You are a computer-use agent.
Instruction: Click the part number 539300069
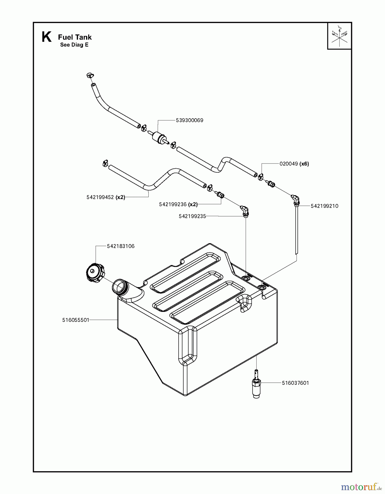pyautogui.click(x=189, y=120)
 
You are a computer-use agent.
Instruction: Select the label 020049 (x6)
pyautogui.click(x=294, y=164)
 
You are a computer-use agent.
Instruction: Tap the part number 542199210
pyautogui.click(x=324, y=206)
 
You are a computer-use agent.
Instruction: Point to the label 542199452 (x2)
pyautogui.click(x=106, y=197)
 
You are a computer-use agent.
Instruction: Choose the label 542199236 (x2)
pyautogui.click(x=178, y=204)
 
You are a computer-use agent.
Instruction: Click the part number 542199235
pyautogui.click(x=192, y=216)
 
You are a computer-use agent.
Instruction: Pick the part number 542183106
pyautogui.click(x=121, y=246)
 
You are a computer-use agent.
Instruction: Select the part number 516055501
pyautogui.click(x=76, y=320)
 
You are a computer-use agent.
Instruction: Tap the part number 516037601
pyautogui.click(x=295, y=383)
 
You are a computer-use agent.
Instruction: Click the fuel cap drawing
pyautogui.click(x=95, y=273)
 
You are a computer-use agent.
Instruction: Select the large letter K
pyautogui.click(x=46, y=37)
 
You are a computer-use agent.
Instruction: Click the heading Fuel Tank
pyautogui.click(x=75, y=37)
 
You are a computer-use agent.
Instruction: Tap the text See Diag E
pyautogui.click(x=74, y=45)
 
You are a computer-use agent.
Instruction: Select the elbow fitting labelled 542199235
pyautogui.click(x=244, y=210)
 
